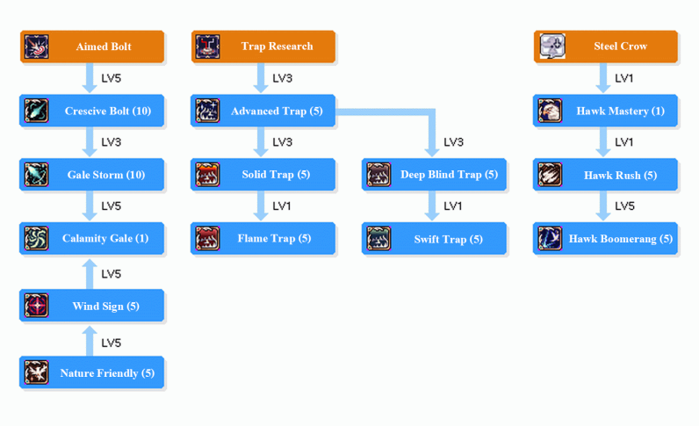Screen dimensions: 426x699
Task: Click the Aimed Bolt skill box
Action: click(92, 47)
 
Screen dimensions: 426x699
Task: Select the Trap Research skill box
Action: click(263, 47)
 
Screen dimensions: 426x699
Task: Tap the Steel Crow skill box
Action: click(606, 47)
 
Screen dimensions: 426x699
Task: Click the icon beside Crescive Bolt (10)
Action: click(37, 112)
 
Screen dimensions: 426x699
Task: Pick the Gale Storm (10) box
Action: click(92, 175)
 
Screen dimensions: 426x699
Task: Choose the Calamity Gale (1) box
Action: click(92, 239)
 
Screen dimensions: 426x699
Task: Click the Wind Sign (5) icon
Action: click(37, 307)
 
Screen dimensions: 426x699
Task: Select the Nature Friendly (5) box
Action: click(92, 373)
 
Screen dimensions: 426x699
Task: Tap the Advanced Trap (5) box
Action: click(263, 112)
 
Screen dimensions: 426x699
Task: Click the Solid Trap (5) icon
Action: click(208, 175)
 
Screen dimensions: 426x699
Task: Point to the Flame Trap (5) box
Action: click(263, 239)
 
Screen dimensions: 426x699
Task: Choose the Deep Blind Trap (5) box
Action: click(435, 175)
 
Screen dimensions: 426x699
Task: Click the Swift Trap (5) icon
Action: click(378, 239)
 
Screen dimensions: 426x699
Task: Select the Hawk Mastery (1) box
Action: click(606, 112)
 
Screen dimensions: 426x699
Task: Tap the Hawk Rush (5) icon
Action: click(550, 175)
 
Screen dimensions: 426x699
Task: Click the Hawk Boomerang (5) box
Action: click(606, 239)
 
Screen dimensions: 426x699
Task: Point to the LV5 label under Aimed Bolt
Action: click(112, 79)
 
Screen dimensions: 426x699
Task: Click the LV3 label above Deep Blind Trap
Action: click(453, 142)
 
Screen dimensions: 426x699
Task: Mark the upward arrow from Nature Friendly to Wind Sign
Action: click(90, 341)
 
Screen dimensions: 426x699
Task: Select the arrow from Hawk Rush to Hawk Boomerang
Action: click(603, 206)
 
